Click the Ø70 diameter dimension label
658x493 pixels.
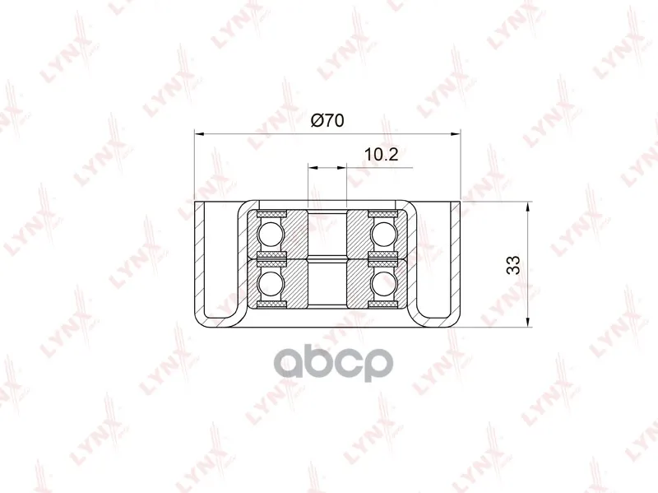[327, 120]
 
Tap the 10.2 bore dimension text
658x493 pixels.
[380, 155]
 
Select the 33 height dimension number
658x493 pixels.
[512, 264]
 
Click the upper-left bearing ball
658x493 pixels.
[271, 235]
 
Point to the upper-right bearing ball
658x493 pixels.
[383, 235]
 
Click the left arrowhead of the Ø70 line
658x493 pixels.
[199, 134]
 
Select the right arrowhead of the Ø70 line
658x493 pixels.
[456, 134]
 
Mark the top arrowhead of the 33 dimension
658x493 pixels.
[527, 207]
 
